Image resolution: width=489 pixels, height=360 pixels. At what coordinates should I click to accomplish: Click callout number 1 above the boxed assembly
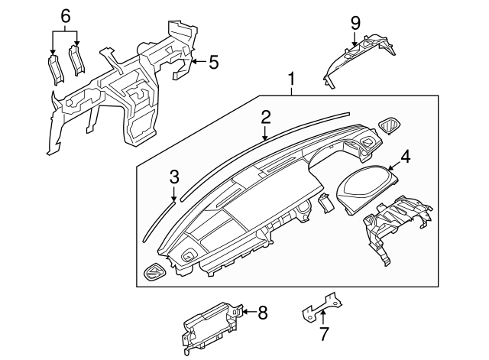pyautogui.click(x=291, y=79)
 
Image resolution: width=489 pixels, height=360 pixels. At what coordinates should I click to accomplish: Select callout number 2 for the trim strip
pyautogui.click(x=266, y=117)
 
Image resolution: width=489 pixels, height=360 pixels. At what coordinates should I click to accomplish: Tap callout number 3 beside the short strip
pyautogui.click(x=174, y=177)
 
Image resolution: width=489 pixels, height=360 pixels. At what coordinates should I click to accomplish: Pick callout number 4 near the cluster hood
pyautogui.click(x=406, y=157)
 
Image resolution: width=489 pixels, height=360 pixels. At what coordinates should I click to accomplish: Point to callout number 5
pyautogui.click(x=213, y=61)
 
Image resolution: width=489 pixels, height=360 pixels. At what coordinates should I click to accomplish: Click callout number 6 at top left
pyautogui.click(x=65, y=15)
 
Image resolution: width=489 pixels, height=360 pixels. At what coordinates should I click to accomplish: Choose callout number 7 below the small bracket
pyautogui.click(x=323, y=333)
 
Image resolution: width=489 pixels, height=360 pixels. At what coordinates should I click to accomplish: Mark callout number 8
pyautogui.click(x=262, y=312)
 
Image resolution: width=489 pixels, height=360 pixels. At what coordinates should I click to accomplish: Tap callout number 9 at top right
pyautogui.click(x=355, y=22)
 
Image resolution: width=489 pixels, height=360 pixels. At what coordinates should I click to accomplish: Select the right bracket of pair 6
pyautogui.click(x=77, y=60)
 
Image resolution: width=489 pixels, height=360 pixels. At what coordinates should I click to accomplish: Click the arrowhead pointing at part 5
pyautogui.click(x=193, y=61)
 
